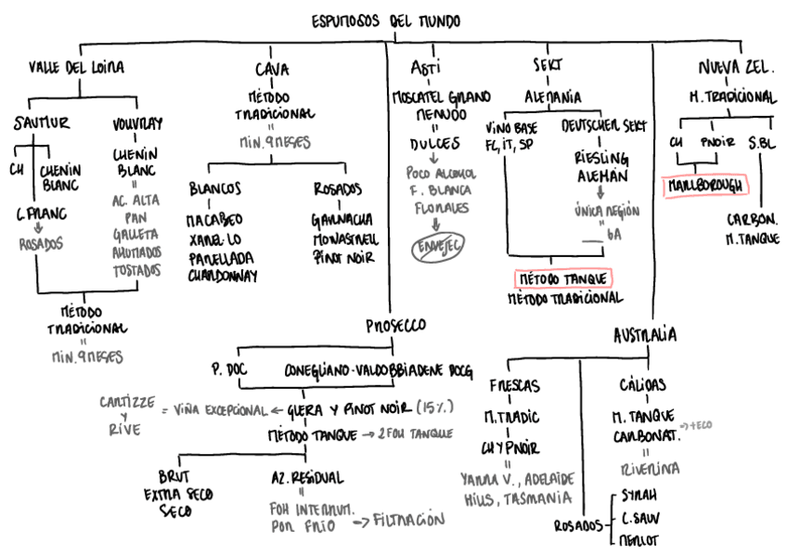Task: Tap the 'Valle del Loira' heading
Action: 76,67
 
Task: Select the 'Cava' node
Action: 271,69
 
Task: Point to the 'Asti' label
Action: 425,67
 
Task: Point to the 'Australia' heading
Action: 643,334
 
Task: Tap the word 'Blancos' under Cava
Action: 215,188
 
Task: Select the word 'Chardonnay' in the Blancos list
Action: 224,275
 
